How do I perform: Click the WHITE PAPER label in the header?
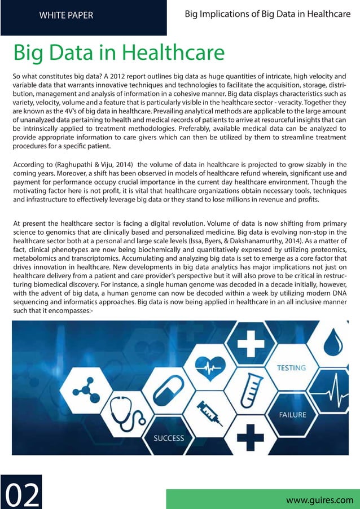tap(66, 15)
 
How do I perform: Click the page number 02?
tap(23, 495)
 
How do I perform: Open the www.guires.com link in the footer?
tap(320, 499)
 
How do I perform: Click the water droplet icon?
tap(336, 342)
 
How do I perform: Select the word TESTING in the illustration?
tap(291, 368)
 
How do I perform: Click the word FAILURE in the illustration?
tap(292, 415)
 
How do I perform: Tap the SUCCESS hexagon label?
tap(169, 438)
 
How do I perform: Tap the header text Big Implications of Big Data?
tap(267, 14)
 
